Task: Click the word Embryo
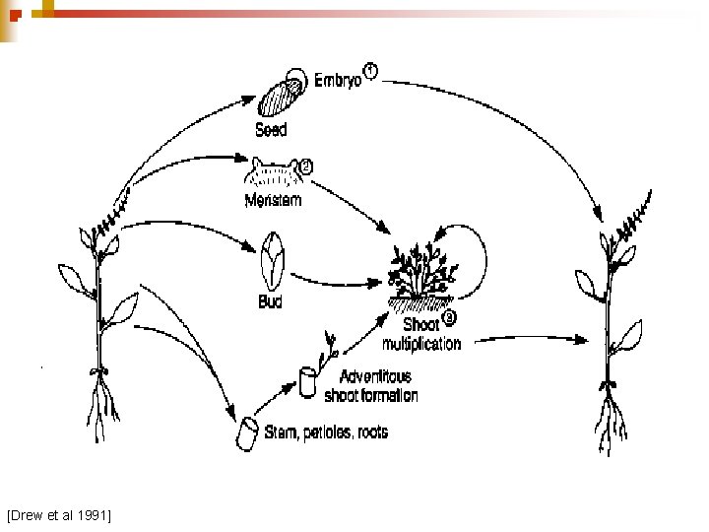pos(338,80)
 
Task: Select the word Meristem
pos(271,201)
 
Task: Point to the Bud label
pos(270,301)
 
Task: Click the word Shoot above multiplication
pos(422,324)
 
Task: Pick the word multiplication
pos(420,344)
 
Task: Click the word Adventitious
pos(374,375)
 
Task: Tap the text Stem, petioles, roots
pos(326,432)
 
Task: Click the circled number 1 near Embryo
pos(370,70)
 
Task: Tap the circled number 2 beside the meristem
pos(305,166)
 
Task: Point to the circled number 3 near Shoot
pos(450,317)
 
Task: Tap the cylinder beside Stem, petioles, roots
pos(246,432)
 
